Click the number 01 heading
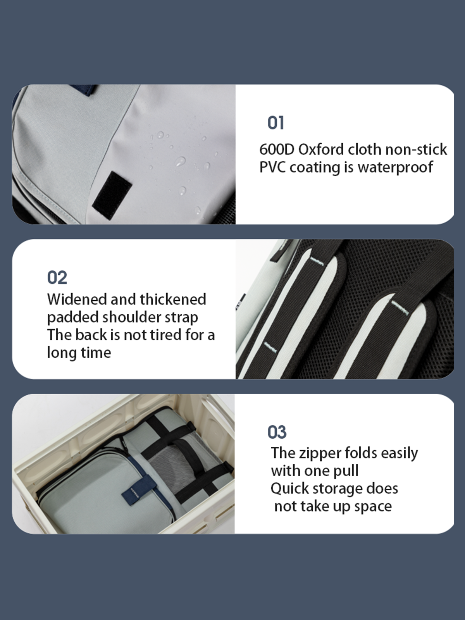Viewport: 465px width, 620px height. (276, 123)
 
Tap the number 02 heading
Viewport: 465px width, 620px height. (57, 277)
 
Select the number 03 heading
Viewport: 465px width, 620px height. (277, 432)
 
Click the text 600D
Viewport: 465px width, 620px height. (277, 150)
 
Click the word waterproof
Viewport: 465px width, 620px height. (395, 167)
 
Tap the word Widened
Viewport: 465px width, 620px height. (76, 299)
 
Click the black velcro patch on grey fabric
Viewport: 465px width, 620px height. (112, 195)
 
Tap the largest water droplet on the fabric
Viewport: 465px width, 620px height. (180, 162)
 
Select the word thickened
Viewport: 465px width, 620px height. (173, 299)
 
